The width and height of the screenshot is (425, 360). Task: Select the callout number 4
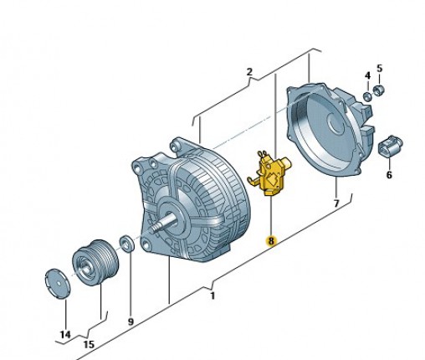366,75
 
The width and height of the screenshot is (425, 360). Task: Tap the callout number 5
378,68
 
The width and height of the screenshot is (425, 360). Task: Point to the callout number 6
389,175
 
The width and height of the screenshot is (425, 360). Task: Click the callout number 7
335,203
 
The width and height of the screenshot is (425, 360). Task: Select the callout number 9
131,321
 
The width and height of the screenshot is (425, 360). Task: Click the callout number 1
212,295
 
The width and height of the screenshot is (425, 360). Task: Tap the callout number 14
65,335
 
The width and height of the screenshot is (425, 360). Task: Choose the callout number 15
89,344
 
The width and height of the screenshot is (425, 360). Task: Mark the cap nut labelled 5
377,89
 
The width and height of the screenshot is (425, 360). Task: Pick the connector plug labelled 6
391,146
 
